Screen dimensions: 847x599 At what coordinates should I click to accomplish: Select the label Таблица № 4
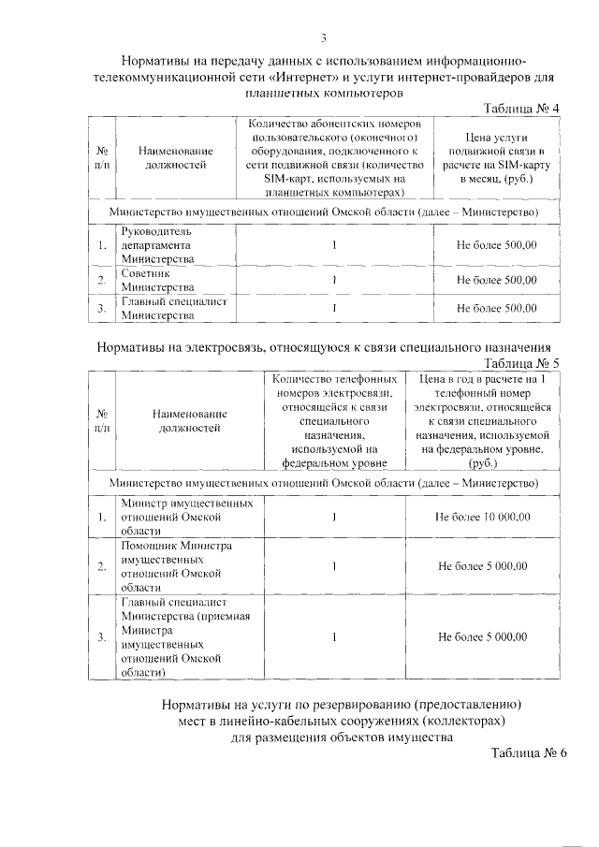(520, 109)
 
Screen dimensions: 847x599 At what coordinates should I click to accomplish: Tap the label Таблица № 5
(520, 362)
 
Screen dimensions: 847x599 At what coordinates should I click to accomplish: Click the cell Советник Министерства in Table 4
(157, 280)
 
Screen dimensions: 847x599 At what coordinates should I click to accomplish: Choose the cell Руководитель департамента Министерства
(157, 244)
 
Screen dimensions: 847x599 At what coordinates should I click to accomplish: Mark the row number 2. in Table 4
(101, 280)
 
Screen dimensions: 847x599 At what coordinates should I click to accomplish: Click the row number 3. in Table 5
(101, 636)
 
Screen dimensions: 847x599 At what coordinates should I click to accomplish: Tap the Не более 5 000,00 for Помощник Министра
(483, 565)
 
